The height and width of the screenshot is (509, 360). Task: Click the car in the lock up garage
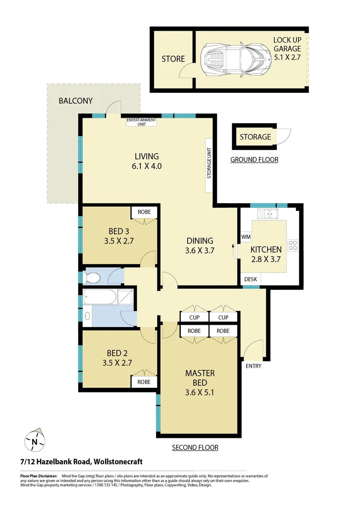coord(235,59)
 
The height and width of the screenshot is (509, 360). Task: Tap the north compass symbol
coord(34,441)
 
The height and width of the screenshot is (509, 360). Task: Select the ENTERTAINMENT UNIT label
coord(141,122)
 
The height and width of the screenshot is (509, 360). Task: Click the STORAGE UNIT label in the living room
coord(209,165)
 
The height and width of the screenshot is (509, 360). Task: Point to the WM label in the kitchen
coord(245,236)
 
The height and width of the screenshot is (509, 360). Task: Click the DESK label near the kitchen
coord(251,279)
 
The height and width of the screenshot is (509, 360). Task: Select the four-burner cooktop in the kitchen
coord(293,245)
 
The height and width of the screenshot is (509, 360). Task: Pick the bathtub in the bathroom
coord(99,298)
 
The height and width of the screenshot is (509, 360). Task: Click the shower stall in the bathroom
coord(125,298)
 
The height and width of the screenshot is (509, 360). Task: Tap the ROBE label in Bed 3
coord(144,212)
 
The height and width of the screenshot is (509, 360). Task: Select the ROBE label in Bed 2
coord(144,382)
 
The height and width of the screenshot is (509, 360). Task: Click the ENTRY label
coord(253,366)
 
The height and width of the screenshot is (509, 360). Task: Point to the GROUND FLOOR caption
coord(254,160)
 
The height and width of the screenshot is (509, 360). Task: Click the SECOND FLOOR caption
coord(195,447)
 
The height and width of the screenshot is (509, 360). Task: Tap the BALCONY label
coord(75,101)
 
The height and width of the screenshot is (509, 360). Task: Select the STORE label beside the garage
coord(173,59)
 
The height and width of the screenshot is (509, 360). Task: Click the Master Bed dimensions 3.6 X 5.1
coord(200,392)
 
